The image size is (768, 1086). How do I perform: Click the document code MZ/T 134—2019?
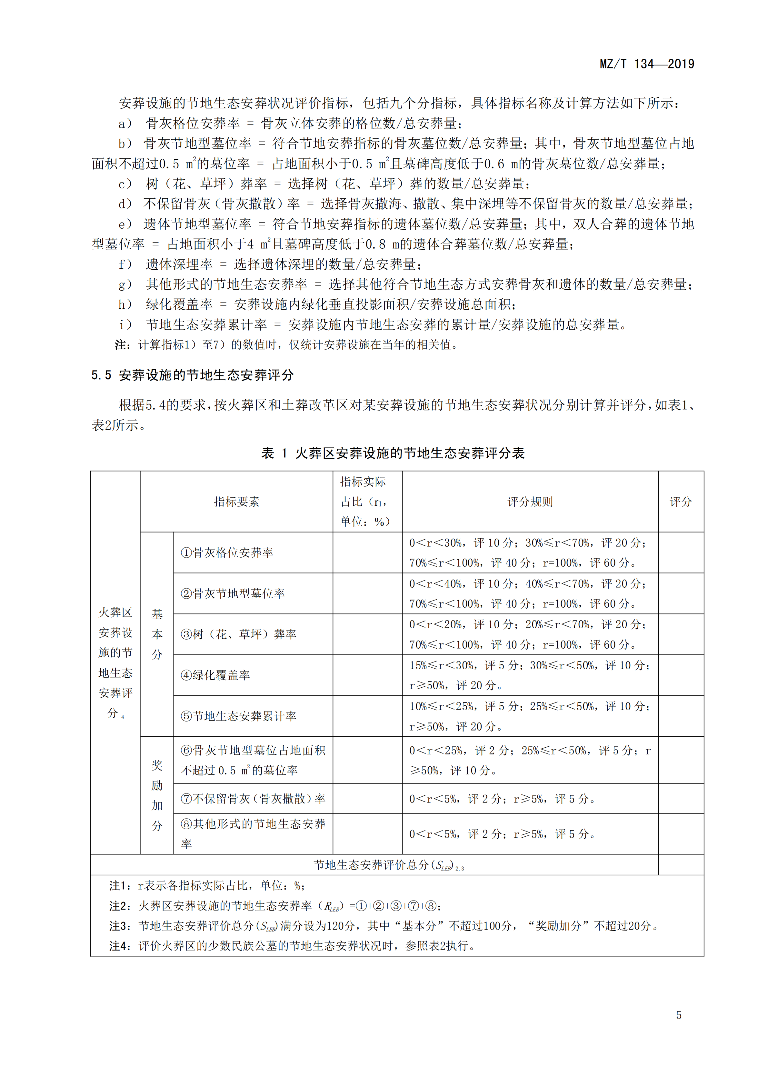[x=646, y=64]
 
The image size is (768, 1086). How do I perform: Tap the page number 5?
[x=679, y=1015]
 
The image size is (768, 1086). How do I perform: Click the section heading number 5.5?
[x=101, y=375]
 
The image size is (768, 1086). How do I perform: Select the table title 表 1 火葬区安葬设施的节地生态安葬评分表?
[x=393, y=453]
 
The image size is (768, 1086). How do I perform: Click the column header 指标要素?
[x=236, y=502]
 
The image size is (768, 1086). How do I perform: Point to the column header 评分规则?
[x=530, y=502]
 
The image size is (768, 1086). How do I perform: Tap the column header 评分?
[x=681, y=502]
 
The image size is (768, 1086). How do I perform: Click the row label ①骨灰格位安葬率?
[x=227, y=553]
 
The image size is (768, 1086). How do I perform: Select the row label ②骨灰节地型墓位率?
[x=233, y=593]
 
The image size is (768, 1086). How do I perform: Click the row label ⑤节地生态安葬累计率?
[x=238, y=716]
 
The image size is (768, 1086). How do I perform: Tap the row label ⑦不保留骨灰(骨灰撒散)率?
[x=253, y=799]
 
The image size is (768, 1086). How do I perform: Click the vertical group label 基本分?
[x=157, y=634]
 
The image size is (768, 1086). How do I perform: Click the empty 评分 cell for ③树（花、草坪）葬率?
[x=681, y=634]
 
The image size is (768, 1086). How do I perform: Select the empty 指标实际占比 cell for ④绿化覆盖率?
[x=367, y=675]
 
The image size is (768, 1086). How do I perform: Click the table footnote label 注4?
[x=119, y=946]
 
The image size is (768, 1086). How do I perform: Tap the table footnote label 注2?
[x=119, y=906]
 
